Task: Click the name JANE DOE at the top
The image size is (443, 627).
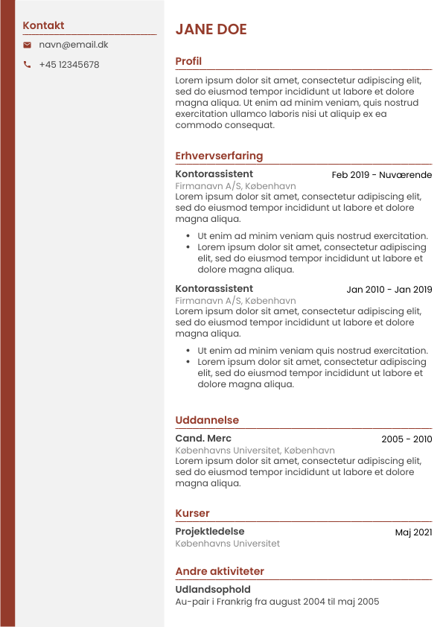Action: (211, 30)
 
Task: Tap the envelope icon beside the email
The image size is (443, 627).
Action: (27, 45)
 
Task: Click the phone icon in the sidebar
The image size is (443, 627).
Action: (27, 65)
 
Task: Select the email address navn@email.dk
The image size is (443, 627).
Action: (73, 45)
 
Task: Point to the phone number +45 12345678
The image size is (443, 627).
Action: (68, 65)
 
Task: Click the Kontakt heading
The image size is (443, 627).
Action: (43, 25)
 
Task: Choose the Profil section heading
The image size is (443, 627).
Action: (188, 61)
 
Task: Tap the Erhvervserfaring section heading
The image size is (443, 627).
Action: (219, 156)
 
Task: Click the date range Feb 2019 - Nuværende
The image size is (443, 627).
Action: (381, 175)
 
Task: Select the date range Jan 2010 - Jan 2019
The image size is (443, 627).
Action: (389, 290)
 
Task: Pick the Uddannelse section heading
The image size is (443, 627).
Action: (207, 420)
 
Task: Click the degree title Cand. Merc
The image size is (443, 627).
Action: (203, 439)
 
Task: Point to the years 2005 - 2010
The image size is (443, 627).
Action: (407, 439)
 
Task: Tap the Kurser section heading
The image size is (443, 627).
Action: (192, 513)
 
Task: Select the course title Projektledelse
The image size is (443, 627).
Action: (209, 532)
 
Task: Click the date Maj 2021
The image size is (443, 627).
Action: (413, 532)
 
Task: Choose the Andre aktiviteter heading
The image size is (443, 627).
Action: (220, 571)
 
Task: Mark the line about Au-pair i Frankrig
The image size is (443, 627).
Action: (277, 602)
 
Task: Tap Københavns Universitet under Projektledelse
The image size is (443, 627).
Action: (227, 544)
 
